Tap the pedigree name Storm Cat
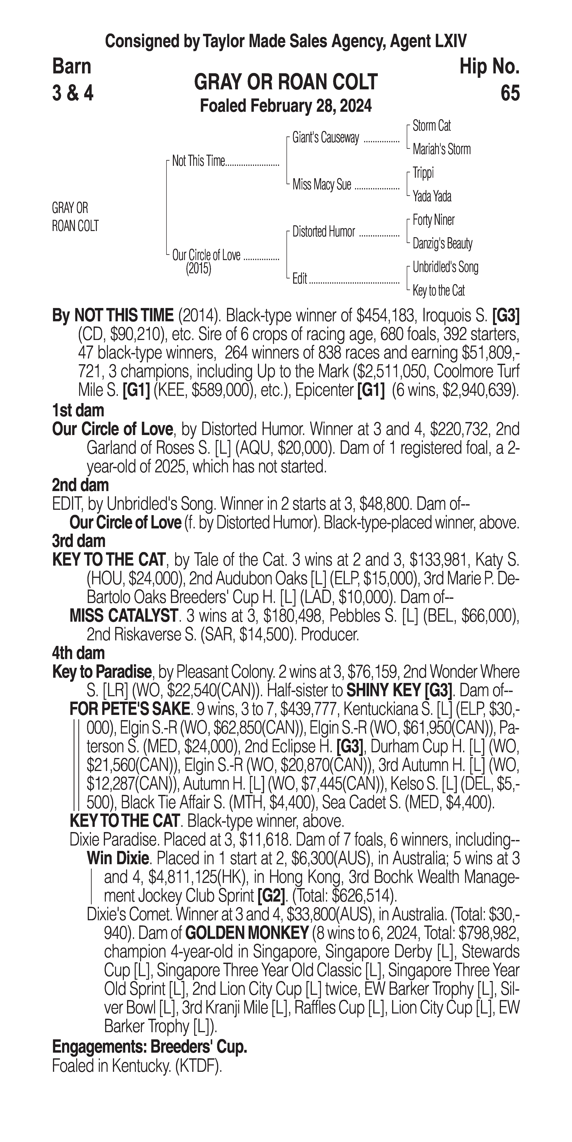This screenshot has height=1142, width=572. [431, 126]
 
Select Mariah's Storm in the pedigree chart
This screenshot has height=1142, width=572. [441, 149]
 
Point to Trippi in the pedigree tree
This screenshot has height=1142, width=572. [423, 173]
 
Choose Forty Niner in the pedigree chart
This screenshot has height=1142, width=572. [433, 220]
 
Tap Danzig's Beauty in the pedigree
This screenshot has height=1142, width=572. [442, 243]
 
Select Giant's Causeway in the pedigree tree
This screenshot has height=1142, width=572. [325, 138]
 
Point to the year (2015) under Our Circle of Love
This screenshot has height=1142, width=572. [198, 269]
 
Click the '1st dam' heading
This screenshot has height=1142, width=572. [78, 411]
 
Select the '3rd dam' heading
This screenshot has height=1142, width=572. [78, 541]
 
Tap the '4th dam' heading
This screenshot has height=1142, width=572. [78, 653]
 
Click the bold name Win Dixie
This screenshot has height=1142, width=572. [117, 858]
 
